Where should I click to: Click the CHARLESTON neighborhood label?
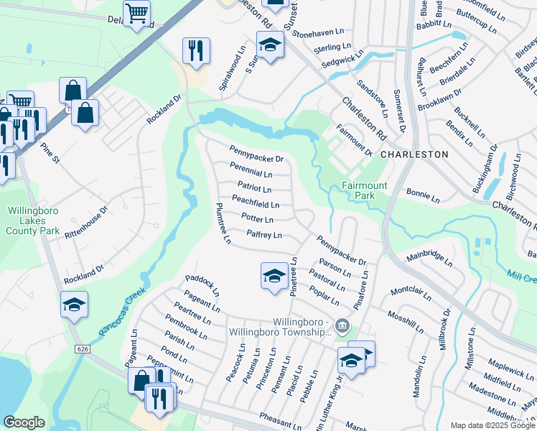point(414,154)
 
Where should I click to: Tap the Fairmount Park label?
point(364,190)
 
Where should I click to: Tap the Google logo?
point(24,422)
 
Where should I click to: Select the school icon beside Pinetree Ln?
point(274,277)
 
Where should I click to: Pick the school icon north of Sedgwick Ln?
point(270,47)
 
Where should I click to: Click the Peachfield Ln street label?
point(255,205)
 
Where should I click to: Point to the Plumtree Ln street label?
point(222,223)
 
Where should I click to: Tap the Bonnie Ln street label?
point(422,195)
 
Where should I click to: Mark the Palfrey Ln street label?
point(264,234)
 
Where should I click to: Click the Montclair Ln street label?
point(413,295)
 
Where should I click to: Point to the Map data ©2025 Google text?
point(492,425)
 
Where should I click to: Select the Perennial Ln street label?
point(251,174)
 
